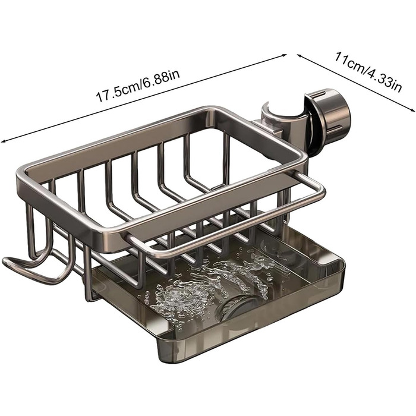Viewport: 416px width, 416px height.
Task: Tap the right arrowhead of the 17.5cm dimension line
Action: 284,55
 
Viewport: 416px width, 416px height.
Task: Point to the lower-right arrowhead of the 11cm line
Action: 412,110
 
